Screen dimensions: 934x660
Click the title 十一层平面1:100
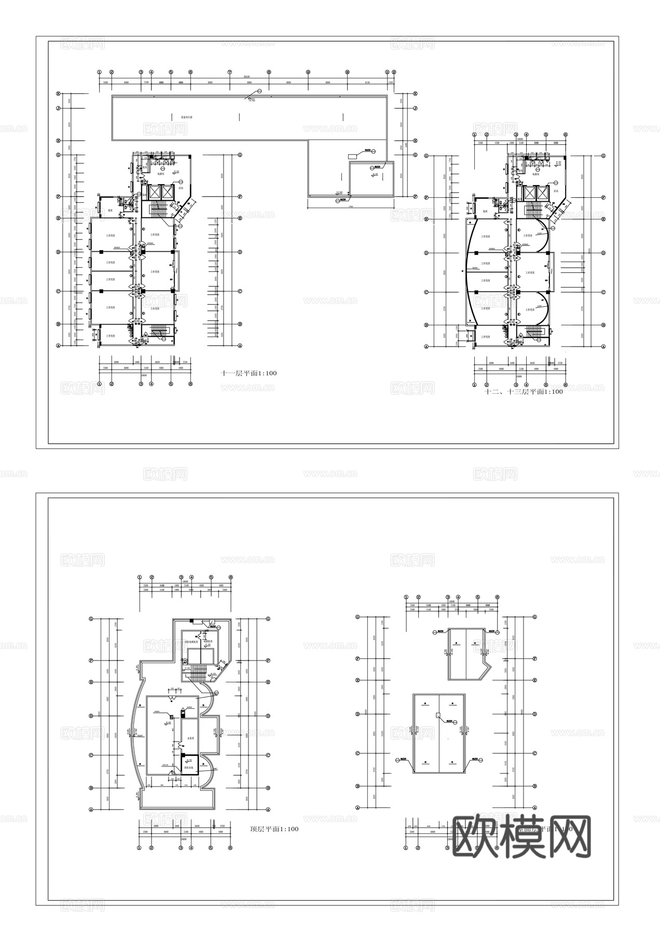[x=249, y=373]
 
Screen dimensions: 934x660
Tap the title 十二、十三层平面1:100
[x=523, y=392]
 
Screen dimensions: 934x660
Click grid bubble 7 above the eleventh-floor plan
[x=229, y=72]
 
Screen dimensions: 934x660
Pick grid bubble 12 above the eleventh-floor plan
[x=394, y=72]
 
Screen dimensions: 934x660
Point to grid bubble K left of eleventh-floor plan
[x=59, y=94]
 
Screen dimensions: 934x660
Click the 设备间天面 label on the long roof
[x=187, y=117]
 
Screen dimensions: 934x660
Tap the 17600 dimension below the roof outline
[x=350, y=206]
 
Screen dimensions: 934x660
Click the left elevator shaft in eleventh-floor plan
[x=154, y=192]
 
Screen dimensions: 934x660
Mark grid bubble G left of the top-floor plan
[x=91, y=619]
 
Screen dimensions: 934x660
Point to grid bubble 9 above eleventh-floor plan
[x=308, y=72]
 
